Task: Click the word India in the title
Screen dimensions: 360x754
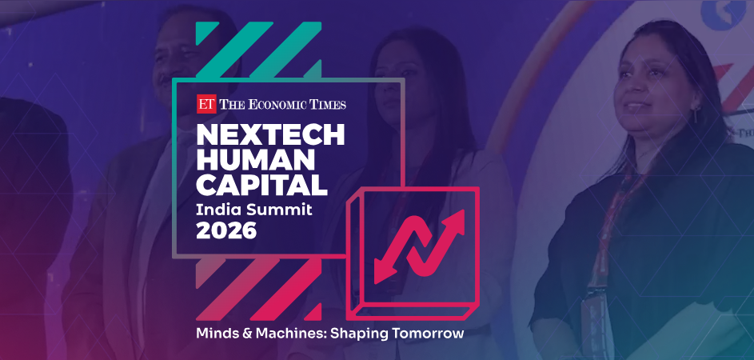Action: point(218,209)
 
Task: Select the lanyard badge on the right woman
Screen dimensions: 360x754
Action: point(596,308)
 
